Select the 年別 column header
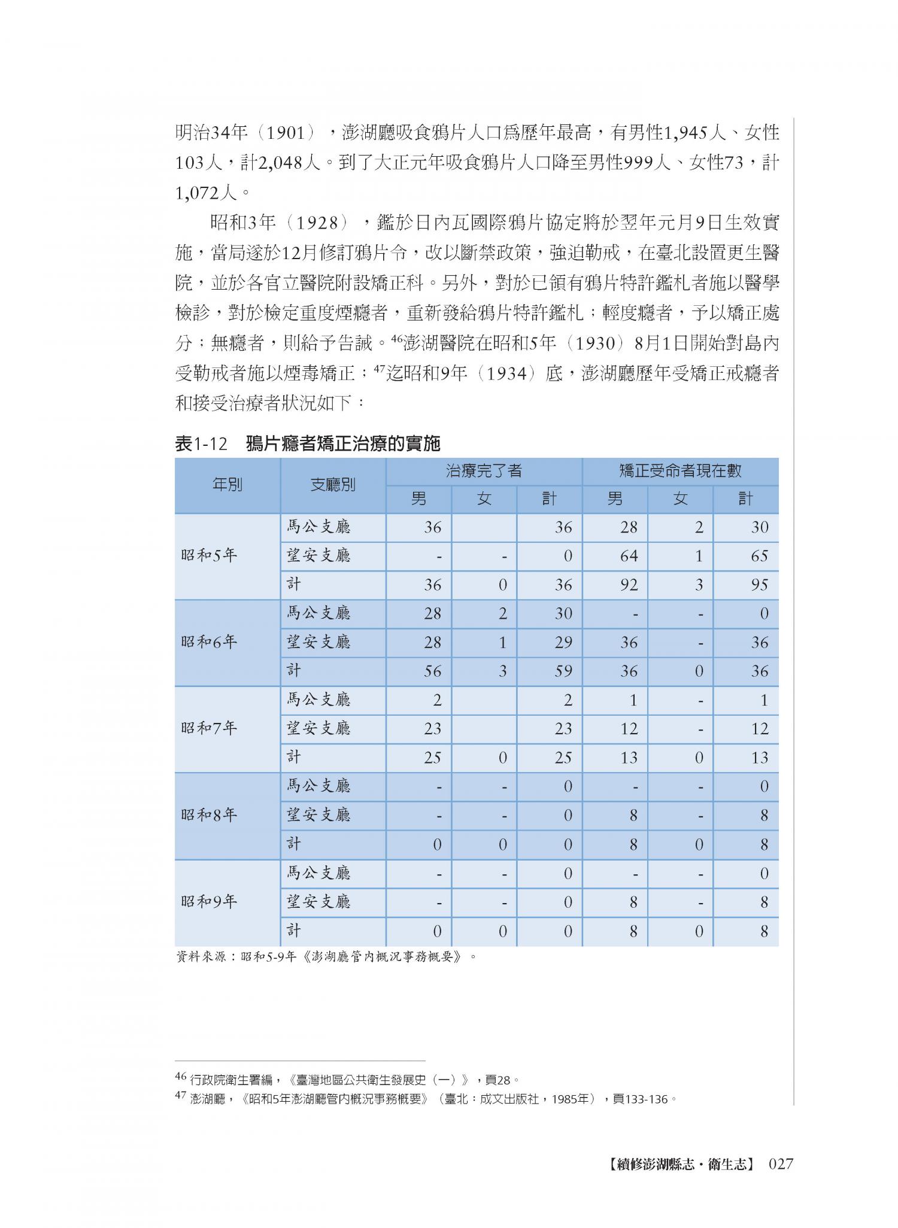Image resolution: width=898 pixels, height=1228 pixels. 227,485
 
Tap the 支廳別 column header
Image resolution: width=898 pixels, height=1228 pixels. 333,485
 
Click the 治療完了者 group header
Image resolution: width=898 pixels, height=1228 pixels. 484,471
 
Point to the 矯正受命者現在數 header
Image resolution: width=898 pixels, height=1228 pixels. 680,471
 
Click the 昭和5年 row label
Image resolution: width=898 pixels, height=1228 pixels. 209,556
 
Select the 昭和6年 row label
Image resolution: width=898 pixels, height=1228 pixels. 209,642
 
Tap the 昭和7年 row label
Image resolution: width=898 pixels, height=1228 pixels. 209,728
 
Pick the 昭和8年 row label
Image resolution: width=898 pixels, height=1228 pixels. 209,815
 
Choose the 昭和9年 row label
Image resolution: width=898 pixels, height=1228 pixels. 209,902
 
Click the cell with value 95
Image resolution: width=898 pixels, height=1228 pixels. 759,585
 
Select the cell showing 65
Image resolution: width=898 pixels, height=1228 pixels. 759,556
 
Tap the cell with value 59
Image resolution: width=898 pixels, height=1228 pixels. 563,671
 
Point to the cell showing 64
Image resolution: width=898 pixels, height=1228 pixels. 629,556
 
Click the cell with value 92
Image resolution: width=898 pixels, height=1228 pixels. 629,585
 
